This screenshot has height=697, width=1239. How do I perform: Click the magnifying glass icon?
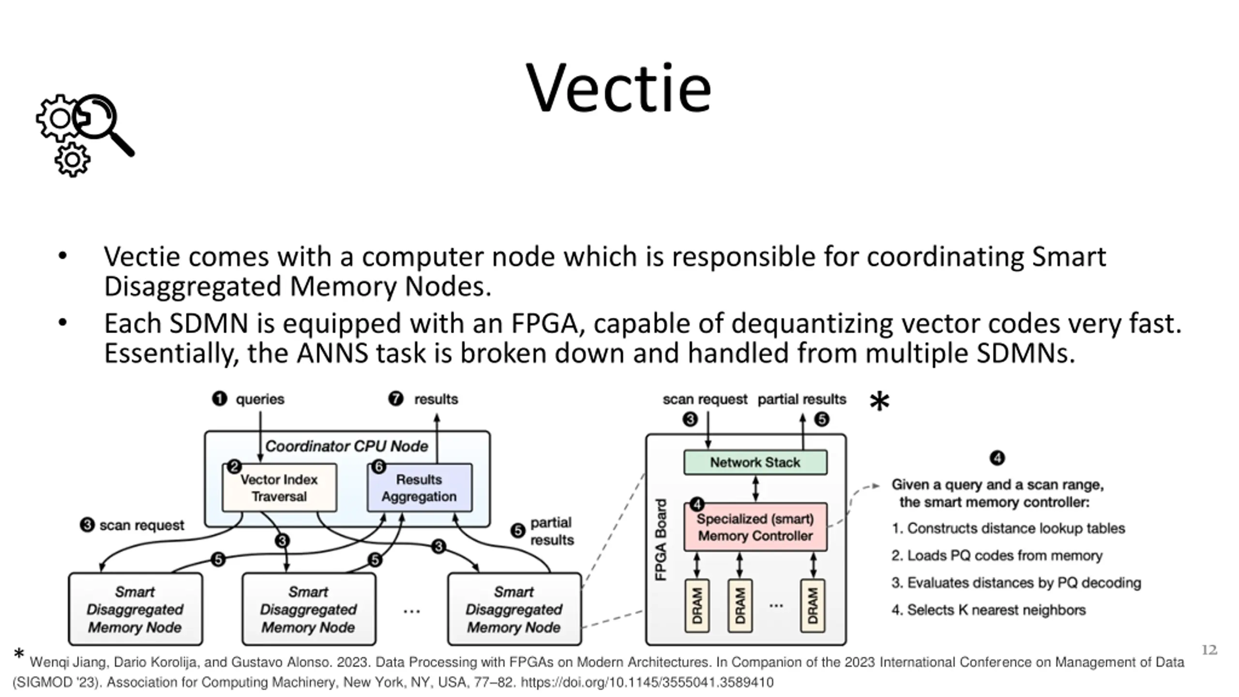104,125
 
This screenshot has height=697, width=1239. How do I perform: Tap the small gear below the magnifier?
73,159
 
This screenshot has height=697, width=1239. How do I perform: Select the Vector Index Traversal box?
279,488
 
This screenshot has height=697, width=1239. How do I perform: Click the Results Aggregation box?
420,488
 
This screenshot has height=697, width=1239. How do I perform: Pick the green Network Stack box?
755,462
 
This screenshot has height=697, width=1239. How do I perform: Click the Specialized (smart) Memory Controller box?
755,527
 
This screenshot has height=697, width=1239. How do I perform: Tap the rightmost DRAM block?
813,606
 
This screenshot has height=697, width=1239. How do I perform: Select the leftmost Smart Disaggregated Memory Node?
136,609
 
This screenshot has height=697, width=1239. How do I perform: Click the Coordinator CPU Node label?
347,446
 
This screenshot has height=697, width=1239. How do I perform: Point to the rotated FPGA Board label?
661,539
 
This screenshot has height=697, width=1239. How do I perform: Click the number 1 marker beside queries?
219,399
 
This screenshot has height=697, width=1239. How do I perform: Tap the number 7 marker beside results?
395,399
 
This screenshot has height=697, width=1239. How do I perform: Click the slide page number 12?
1209,650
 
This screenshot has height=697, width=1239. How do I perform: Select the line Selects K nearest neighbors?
989,610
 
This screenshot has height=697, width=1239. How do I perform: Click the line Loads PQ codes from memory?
997,556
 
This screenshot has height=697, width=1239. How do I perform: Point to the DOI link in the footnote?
647,682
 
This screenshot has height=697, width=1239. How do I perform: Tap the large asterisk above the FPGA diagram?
879,402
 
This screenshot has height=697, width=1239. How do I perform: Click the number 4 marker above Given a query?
997,458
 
